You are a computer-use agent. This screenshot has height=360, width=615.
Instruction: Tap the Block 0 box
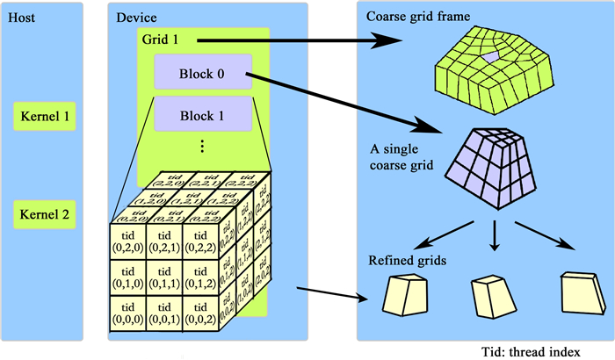pos(202,72)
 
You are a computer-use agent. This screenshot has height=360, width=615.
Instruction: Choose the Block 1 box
pos(202,115)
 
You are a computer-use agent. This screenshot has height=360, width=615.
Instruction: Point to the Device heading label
pos(138,17)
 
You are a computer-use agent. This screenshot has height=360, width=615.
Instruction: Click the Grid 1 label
pos(159,40)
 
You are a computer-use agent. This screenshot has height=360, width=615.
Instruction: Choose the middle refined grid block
pos(493,294)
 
